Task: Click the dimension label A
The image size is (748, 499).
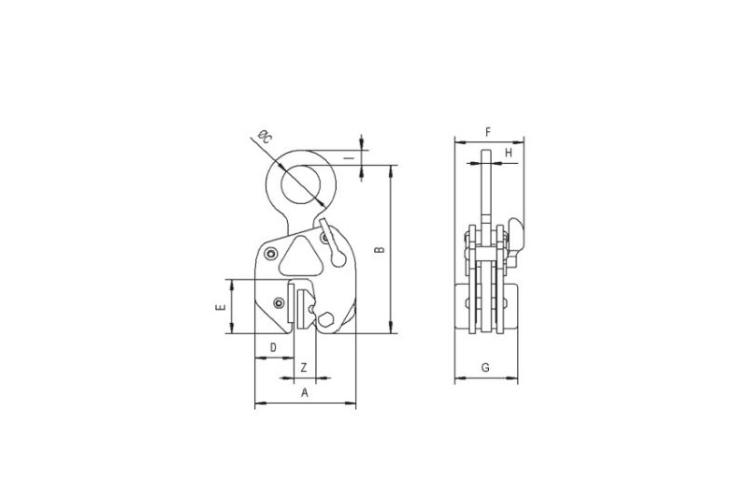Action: pos(306,393)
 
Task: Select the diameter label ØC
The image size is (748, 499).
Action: pos(265,137)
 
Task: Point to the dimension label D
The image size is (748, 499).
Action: pos(273,347)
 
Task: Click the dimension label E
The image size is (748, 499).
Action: pos(221,307)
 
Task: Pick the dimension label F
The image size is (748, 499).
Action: pos(487,132)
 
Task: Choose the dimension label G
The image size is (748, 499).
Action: pos(485,368)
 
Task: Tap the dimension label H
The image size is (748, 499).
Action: pos(509,153)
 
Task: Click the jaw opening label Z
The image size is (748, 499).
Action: pos(304,368)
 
